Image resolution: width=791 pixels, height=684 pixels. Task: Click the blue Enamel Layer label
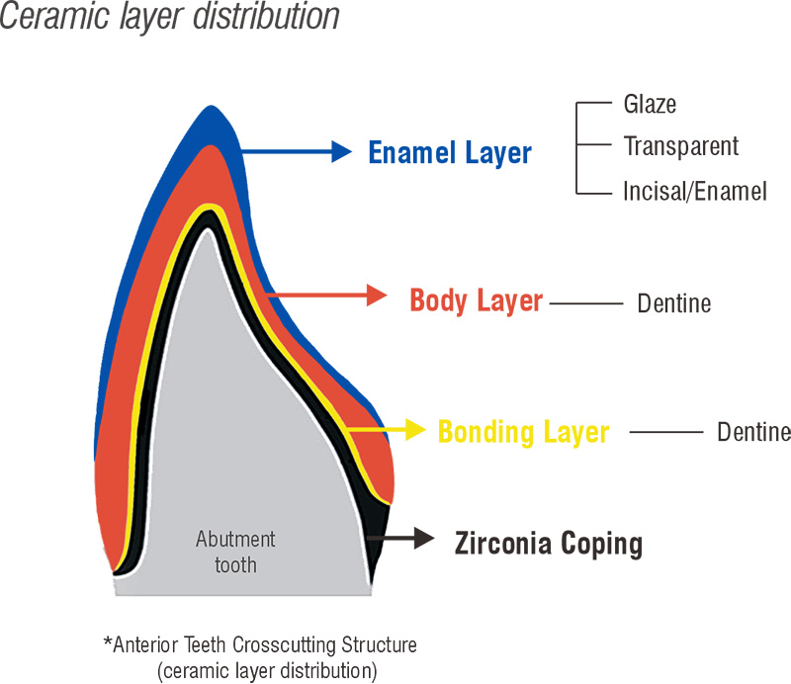(x=450, y=153)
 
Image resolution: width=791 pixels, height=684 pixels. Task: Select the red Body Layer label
(x=477, y=300)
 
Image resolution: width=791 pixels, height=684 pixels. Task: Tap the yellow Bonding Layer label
(x=523, y=432)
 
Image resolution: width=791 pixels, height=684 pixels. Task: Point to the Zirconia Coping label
(x=548, y=543)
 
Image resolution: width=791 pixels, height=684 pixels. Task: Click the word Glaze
(x=650, y=104)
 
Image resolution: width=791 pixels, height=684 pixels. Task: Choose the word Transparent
(x=680, y=147)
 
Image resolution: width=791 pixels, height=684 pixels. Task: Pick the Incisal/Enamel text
(x=695, y=192)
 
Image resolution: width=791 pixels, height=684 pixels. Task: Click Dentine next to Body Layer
(x=673, y=302)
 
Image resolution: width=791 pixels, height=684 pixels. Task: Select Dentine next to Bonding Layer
(x=753, y=432)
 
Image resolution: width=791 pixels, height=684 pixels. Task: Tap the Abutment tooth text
(x=235, y=553)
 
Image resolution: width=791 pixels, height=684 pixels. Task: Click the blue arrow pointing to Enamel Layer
(x=297, y=151)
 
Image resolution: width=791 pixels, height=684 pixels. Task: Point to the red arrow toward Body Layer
(x=326, y=295)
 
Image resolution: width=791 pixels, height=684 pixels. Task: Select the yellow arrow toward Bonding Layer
(x=386, y=430)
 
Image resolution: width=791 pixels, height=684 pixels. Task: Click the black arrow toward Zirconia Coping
(x=402, y=538)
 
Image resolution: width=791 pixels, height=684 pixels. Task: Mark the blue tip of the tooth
(x=209, y=124)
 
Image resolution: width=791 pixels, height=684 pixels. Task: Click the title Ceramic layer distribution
(x=169, y=17)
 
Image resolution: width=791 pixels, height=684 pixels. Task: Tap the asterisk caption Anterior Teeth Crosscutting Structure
(x=260, y=645)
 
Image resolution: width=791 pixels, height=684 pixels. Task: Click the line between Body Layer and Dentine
(x=583, y=302)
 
